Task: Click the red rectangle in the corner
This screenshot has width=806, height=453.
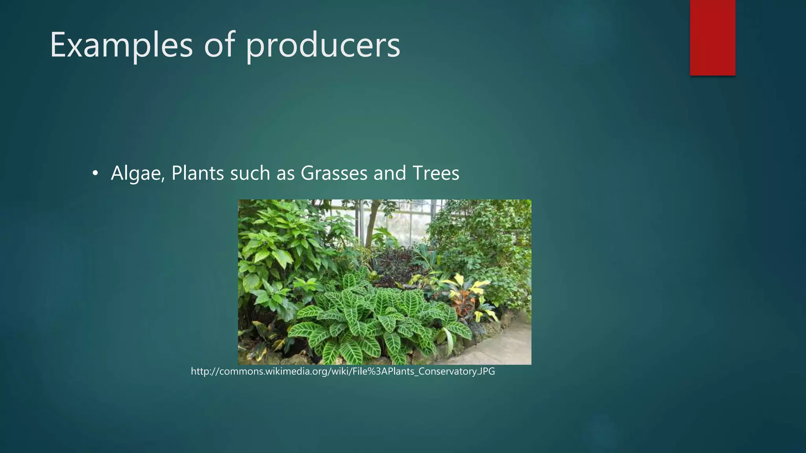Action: (x=712, y=37)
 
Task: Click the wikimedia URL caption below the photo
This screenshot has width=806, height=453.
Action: (x=343, y=371)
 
